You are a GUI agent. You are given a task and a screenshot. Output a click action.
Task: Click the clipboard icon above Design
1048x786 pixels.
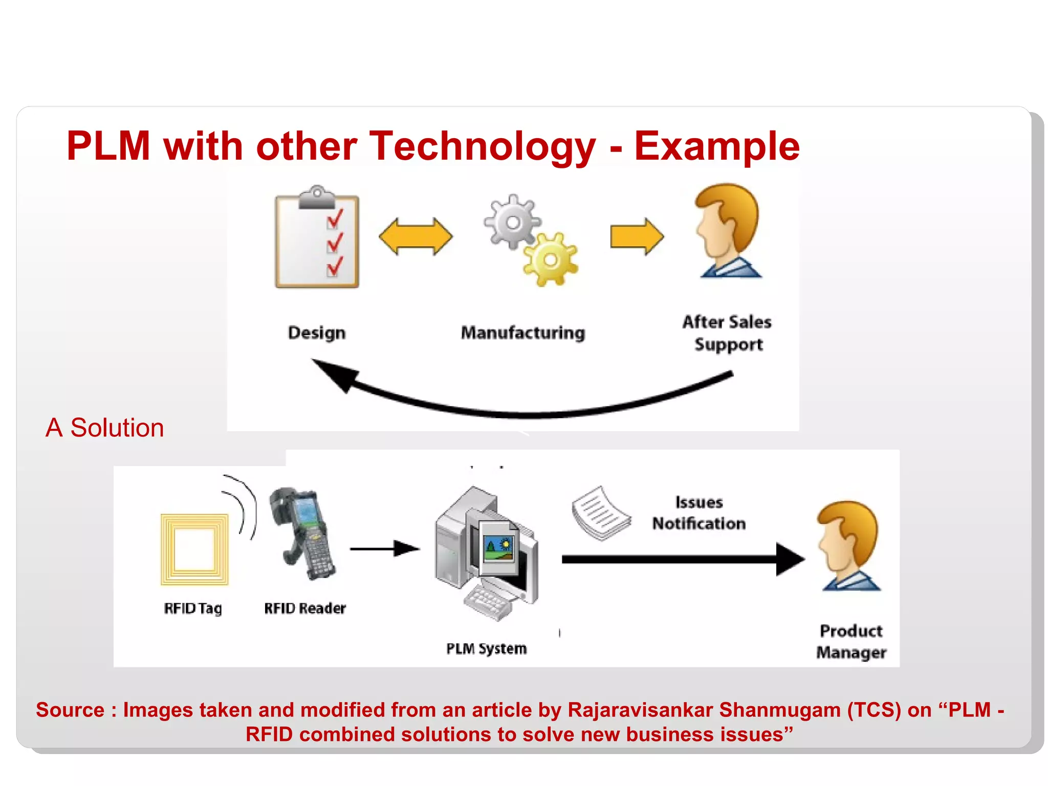[317, 238]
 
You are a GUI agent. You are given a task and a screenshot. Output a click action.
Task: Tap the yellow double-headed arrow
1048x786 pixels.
[416, 236]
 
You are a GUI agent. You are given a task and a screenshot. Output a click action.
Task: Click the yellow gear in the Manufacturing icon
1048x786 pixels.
[551, 259]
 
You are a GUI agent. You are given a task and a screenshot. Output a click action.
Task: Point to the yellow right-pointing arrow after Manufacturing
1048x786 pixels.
[637, 236]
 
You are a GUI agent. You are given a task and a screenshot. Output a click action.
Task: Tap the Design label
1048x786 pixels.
[317, 333]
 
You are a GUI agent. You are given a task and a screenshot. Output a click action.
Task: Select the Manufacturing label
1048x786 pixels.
[522, 333]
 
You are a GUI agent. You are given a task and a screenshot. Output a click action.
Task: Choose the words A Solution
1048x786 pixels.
[104, 428]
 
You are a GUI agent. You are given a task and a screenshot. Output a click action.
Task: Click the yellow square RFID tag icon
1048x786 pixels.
[194, 549]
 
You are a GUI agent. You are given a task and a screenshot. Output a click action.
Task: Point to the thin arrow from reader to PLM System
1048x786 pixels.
[384, 549]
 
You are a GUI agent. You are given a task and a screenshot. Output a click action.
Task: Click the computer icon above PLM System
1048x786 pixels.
[486, 553]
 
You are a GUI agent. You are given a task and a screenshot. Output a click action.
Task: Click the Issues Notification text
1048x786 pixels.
[698, 513]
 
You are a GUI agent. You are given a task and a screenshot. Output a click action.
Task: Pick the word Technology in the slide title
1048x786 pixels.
[482, 146]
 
